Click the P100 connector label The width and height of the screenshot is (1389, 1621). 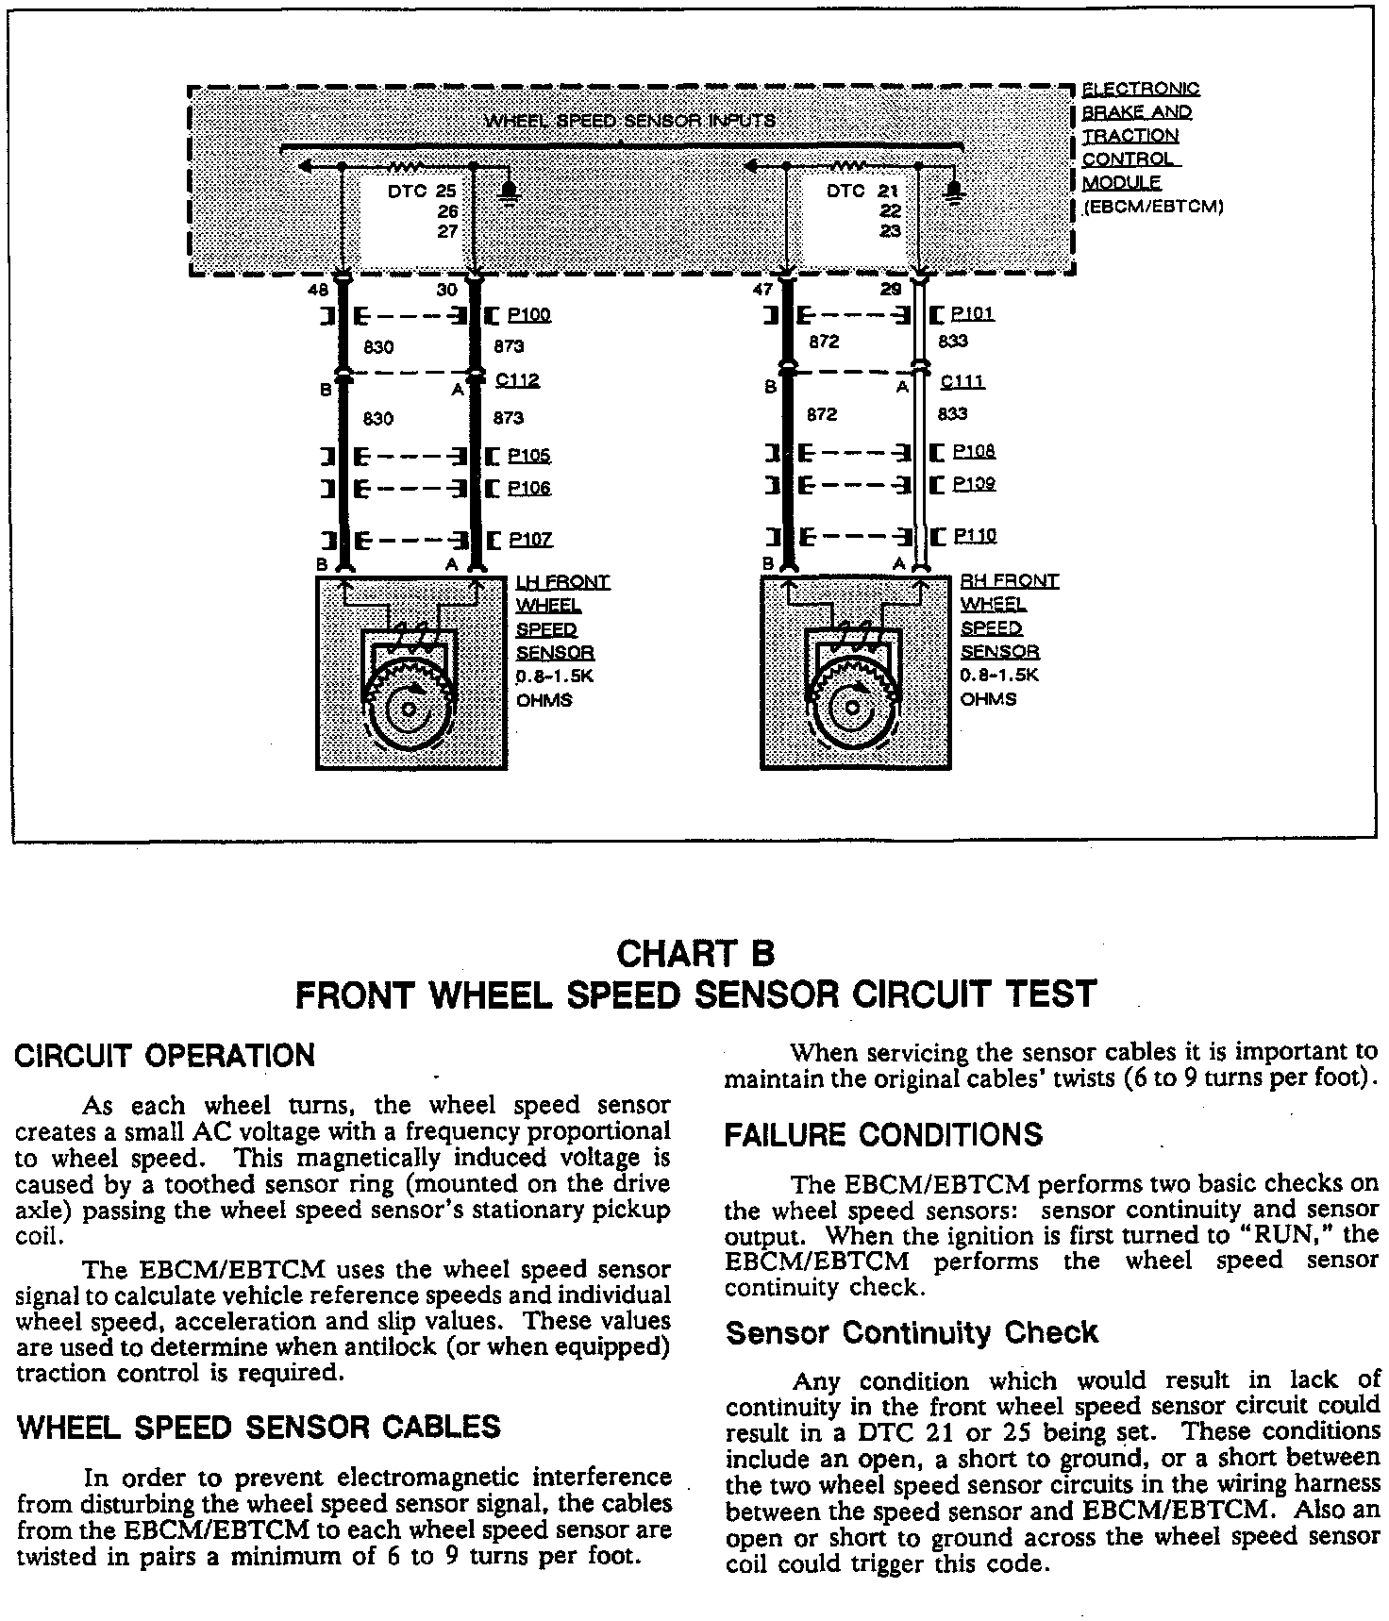(x=528, y=315)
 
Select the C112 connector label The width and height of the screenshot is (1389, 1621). (x=517, y=380)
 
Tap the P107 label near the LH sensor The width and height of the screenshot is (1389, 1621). (x=530, y=540)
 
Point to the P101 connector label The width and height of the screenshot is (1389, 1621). (x=972, y=314)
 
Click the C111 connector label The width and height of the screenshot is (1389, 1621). (x=962, y=382)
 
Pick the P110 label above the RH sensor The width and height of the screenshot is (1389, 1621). (x=974, y=536)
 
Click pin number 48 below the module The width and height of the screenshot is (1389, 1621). (x=319, y=292)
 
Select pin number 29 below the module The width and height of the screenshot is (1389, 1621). (x=891, y=290)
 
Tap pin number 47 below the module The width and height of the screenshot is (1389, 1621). (x=762, y=291)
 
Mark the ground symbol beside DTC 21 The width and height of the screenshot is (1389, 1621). (x=954, y=192)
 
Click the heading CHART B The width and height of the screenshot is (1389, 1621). (x=694, y=954)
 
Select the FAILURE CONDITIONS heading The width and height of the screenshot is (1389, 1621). (x=883, y=1134)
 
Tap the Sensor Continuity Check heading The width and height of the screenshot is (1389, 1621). (x=912, y=1332)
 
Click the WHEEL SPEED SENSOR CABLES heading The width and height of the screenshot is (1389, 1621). (x=259, y=1427)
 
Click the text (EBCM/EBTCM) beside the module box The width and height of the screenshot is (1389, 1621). (x=1153, y=208)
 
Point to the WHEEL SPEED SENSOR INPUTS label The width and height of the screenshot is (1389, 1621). (x=629, y=121)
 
